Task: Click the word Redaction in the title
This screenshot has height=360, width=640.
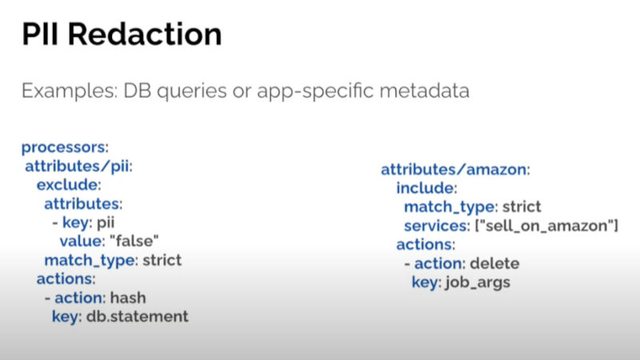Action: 145,34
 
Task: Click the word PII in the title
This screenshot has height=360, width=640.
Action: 39,34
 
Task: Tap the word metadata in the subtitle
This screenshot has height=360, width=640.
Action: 425,90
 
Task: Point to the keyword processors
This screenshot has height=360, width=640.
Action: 65,147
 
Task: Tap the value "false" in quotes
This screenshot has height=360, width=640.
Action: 134,241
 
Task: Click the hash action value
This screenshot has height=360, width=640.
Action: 128,298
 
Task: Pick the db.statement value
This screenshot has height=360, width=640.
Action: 138,316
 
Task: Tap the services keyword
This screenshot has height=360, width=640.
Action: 437,226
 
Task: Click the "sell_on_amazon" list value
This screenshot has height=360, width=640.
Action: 547,226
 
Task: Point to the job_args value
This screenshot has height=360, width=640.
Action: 478,282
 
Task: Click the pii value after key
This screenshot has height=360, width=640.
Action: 106,223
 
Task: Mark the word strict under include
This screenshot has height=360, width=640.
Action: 522,206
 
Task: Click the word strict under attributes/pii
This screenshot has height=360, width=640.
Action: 162,260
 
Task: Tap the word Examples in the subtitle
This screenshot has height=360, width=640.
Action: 70,91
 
